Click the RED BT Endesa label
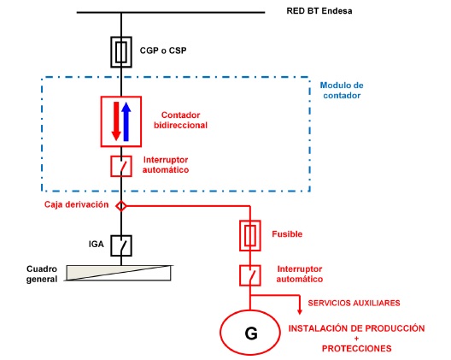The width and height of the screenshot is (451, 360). pos(319,11)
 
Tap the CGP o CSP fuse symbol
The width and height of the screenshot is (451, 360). pos(121,52)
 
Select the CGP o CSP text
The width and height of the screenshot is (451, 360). pos(163,50)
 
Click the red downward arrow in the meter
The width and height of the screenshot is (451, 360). pos(116,121)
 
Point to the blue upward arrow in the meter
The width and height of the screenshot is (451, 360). pos(126,121)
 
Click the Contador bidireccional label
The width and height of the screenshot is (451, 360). pos(180,120)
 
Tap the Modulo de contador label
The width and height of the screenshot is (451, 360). pos(342,90)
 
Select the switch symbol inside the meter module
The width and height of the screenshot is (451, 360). pos(121,166)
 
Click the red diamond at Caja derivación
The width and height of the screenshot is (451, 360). pos(121,206)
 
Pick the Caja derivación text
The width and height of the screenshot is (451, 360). pos(77,204)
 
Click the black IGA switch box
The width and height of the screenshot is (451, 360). pos(121,245)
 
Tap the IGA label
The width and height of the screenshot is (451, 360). pos(96,245)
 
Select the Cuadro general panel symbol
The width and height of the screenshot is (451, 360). pos(119,273)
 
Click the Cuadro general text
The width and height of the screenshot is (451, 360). pos(42,274)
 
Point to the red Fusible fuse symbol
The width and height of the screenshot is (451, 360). pos(250,236)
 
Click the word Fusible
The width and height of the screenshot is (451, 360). pos(287,233)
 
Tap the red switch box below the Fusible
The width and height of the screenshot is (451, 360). pos(250,275)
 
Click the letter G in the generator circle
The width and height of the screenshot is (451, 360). pos(251,333)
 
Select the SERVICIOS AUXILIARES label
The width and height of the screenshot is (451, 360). pos(354,303)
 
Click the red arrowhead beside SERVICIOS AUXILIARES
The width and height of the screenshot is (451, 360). pos(300,311)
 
